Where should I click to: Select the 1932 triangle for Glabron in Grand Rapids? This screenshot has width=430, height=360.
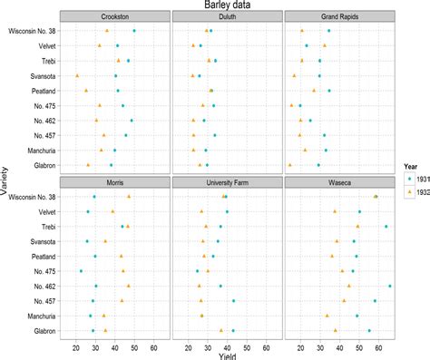289,165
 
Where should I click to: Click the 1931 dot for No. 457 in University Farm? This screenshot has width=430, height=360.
233,301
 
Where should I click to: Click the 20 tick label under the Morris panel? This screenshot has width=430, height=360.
74,345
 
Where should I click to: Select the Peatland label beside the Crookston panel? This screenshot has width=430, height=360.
42,91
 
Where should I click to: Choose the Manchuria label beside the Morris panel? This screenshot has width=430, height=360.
40,316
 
